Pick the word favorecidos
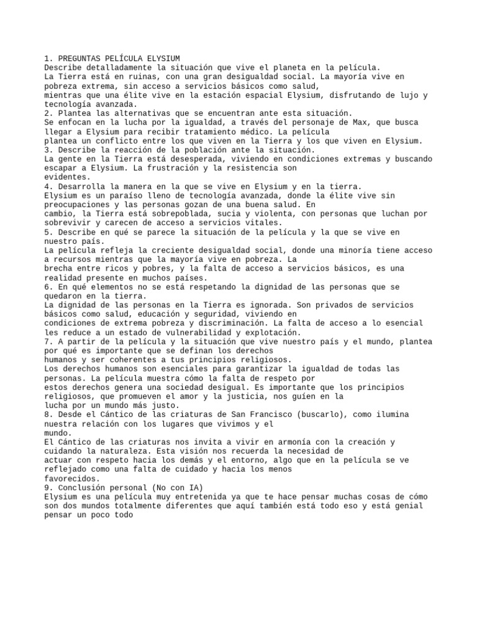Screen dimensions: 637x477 click(x=72, y=478)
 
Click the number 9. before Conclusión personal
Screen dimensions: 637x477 click(x=49, y=488)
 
